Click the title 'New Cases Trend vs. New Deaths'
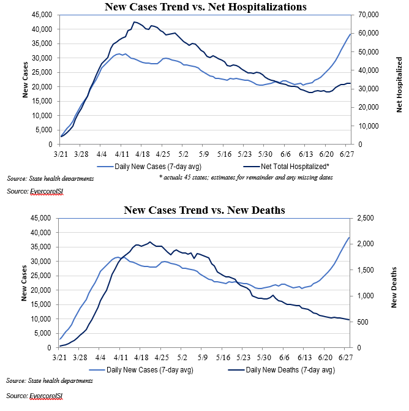(x=204, y=210)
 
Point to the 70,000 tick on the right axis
(x=367, y=15)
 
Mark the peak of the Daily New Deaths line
(x=150, y=242)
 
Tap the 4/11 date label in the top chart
(x=121, y=156)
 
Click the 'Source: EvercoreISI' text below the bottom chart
(x=35, y=395)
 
